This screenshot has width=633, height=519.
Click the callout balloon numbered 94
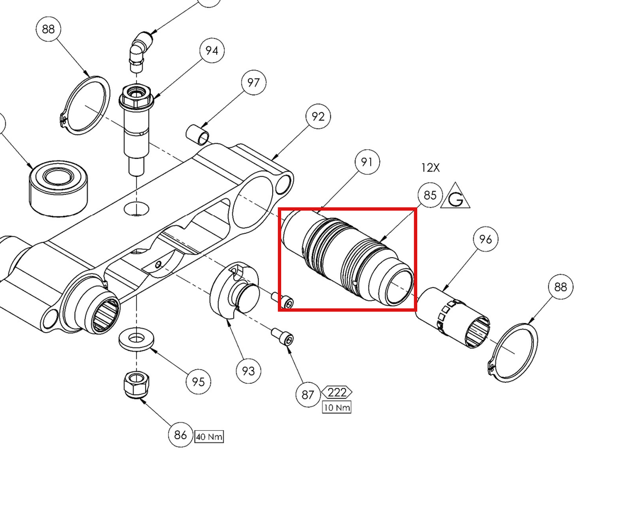212,51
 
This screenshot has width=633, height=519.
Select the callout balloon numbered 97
254,82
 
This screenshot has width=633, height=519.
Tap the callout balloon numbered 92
318,116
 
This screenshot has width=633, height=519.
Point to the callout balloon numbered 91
367,162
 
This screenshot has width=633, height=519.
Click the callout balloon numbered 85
430,195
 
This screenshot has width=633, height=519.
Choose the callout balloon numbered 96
485,239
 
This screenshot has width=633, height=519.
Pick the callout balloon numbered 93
248,371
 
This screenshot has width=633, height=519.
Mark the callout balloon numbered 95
198,382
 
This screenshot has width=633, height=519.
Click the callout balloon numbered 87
308,394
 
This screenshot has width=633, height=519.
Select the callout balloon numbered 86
180,435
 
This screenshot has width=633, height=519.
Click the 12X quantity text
430,167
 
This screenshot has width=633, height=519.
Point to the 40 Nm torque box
209,437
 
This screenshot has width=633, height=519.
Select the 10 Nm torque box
337,407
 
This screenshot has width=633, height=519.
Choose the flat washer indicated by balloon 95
137,339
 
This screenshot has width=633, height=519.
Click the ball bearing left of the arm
58,188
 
